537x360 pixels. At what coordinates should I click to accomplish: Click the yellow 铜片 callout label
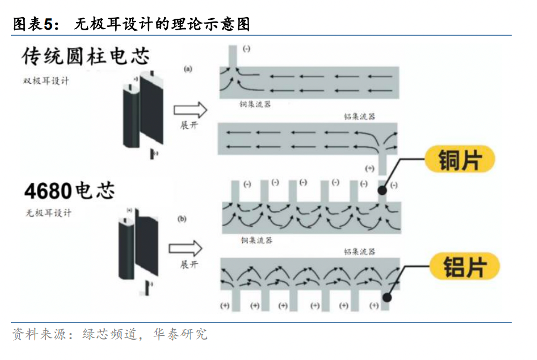click(x=460, y=161)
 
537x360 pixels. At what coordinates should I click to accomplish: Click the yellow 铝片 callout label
click(x=465, y=266)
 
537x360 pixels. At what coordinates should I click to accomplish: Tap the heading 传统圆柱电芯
click(x=86, y=56)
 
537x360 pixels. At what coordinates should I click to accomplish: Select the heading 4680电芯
click(x=69, y=190)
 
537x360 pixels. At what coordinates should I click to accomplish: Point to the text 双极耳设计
click(x=46, y=80)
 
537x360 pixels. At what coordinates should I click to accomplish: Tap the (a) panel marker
click(x=188, y=69)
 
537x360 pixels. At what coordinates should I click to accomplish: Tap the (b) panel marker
click(x=182, y=219)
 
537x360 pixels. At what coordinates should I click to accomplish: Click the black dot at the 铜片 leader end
click(x=382, y=190)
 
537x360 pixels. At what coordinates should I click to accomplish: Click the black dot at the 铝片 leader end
click(x=387, y=297)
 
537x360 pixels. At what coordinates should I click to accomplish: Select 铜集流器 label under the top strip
click(x=255, y=104)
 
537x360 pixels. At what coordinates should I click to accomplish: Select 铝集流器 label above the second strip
click(x=359, y=116)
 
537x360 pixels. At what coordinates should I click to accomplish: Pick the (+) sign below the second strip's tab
click(x=369, y=168)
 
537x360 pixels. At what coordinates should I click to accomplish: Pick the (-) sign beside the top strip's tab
click(x=246, y=49)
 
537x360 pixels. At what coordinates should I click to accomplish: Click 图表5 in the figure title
click(x=34, y=24)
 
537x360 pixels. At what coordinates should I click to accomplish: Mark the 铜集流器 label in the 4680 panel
click(x=256, y=240)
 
